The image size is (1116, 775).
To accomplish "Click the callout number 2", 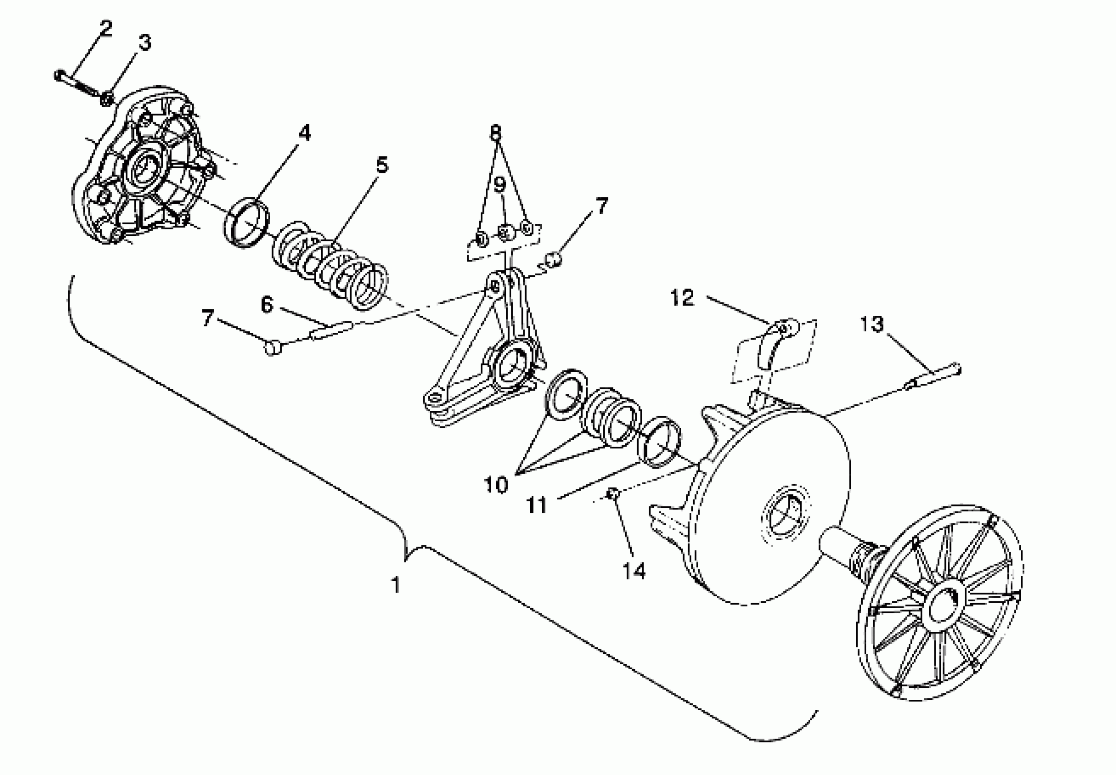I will coord(105,30).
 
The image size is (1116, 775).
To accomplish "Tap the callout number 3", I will coord(144,43).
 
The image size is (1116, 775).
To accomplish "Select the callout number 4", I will coord(304,133).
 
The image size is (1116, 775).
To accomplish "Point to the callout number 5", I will coord(382,165).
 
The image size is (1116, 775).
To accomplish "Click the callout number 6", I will coord(267,305).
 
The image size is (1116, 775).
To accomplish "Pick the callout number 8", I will coord(495,132).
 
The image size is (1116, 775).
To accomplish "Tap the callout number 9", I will coord(500,185).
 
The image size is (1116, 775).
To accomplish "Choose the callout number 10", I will coord(496,485).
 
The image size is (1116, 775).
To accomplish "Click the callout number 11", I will coord(537,506).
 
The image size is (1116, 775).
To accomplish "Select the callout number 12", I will coord(682,298).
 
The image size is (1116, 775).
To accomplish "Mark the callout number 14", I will coord(634,571).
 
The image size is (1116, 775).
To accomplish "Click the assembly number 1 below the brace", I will coord(396,584).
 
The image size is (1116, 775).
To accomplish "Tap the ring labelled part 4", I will coord(247,222).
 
